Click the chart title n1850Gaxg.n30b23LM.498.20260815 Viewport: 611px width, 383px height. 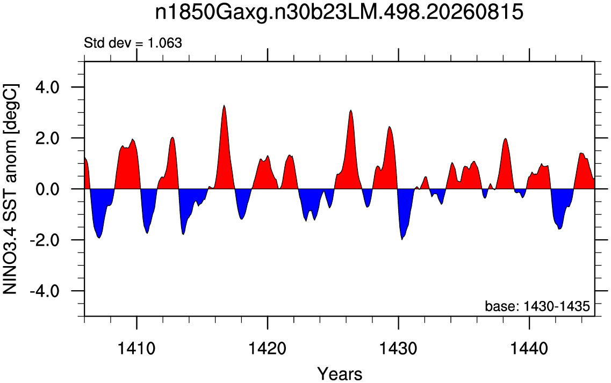click(339, 13)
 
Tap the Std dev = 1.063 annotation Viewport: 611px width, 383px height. click(133, 43)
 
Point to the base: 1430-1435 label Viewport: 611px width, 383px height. click(537, 306)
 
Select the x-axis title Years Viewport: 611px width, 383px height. click(340, 374)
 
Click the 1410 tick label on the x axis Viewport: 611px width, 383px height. click(137, 349)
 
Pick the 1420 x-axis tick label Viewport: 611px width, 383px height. click(268, 349)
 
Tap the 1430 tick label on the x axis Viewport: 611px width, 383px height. click(399, 349)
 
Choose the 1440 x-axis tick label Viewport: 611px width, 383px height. click(529, 349)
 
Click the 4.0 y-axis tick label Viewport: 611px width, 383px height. click(47, 87)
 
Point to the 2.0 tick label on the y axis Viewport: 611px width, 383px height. click(47, 138)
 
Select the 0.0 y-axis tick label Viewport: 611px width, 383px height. click(47, 189)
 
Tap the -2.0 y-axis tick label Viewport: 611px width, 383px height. click(44, 240)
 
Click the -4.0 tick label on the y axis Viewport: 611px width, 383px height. click(44, 291)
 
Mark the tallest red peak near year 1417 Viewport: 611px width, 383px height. click(224, 105)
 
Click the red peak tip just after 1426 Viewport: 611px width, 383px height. click(351, 111)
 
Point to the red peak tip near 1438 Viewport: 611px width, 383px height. click(505, 138)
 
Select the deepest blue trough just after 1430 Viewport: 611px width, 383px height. click(402, 240)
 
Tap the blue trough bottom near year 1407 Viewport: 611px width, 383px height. click(99, 238)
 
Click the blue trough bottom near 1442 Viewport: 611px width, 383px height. click(559, 229)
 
